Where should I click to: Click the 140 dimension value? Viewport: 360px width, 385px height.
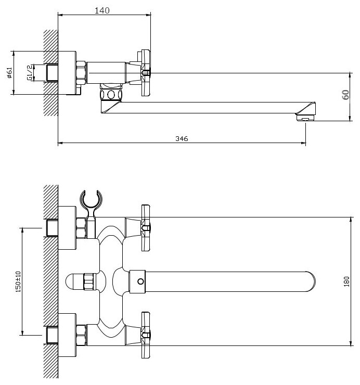[x=102, y=11]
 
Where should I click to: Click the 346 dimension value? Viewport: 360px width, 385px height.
[x=182, y=138]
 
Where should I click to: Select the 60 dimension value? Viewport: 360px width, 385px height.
[x=345, y=95]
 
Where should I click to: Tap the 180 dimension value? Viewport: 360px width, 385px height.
[x=346, y=281]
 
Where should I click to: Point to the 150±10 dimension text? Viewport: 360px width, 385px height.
[x=18, y=281]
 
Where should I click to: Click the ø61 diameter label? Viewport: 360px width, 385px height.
[x=10, y=73]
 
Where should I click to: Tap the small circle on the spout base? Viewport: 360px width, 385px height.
[x=139, y=281]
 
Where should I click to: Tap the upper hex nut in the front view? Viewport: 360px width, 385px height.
[x=81, y=227]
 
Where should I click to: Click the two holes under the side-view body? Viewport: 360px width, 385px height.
[x=110, y=95]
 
